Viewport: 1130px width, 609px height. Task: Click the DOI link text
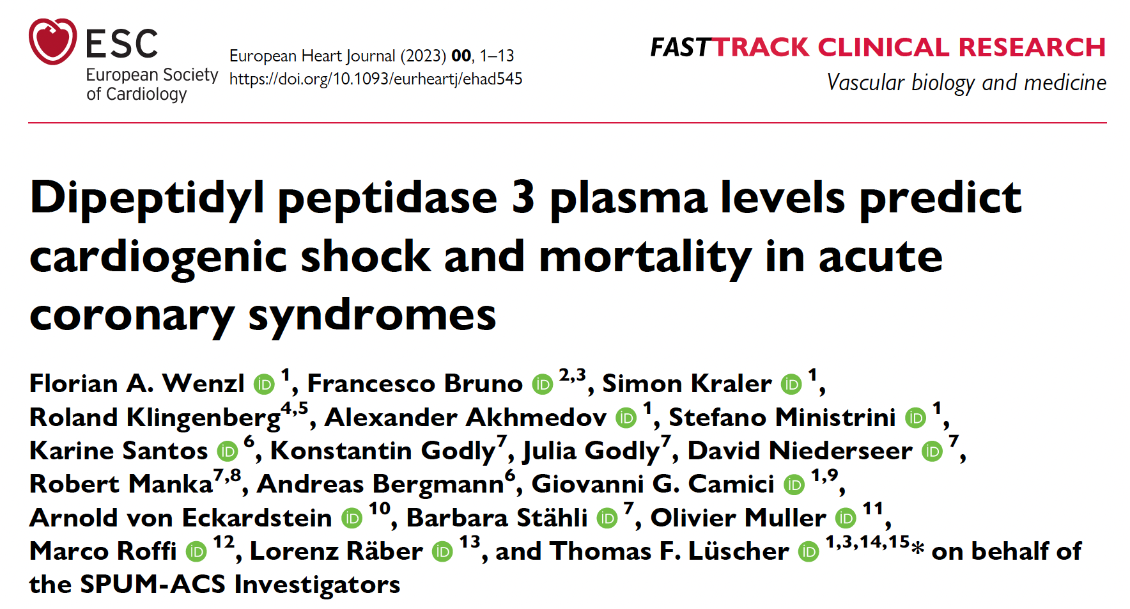376,79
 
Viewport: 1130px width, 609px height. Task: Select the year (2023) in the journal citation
423,56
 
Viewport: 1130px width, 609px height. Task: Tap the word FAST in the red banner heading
680,47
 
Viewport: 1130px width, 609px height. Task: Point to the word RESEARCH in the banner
1032,47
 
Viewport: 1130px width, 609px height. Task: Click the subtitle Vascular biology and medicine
966,83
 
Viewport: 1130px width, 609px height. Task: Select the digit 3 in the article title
523,198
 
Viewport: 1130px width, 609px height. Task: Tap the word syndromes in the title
372,315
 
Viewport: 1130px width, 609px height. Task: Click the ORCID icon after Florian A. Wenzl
264,384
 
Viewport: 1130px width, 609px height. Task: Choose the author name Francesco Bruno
415,384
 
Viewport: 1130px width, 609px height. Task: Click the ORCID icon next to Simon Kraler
791,384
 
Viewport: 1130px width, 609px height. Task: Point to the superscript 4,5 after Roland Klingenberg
294,408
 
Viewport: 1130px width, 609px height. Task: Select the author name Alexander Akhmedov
465,418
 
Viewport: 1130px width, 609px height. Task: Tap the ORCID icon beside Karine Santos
228,451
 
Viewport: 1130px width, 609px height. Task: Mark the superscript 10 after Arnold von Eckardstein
379,509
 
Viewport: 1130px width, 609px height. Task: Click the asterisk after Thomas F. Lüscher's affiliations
918,549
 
